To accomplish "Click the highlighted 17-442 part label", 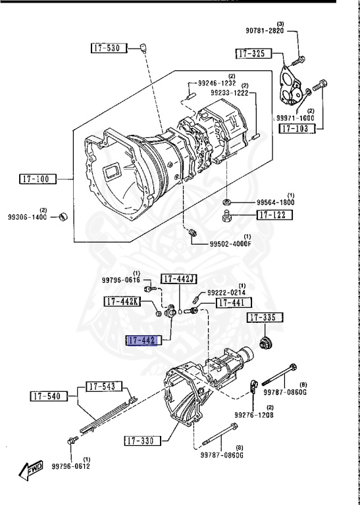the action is tap(142, 340).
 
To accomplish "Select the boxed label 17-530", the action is tap(109, 48).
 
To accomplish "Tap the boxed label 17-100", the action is tap(38, 179).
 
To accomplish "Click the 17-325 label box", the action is tap(253, 53).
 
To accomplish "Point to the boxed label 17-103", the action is tap(297, 128).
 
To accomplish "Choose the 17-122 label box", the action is tap(274, 215).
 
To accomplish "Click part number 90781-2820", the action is tap(265, 31).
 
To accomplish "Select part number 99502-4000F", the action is tap(230, 244).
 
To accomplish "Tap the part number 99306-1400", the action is tap(28, 217).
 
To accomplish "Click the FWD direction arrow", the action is tap(31, 470).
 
